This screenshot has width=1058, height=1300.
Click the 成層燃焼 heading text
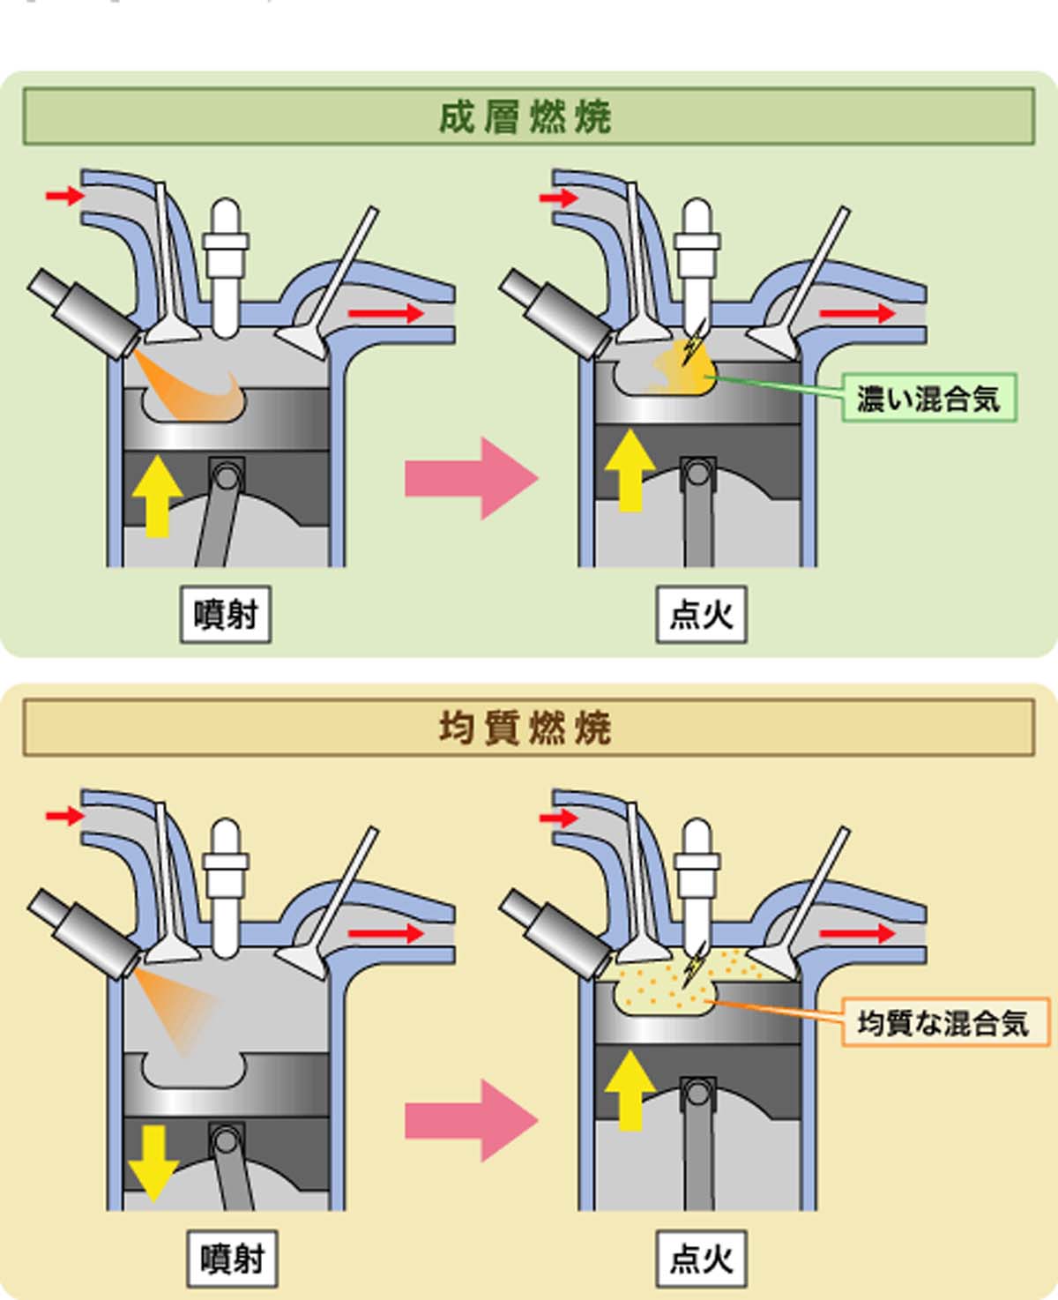coord(525,117)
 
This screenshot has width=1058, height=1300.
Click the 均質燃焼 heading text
coord(525,729)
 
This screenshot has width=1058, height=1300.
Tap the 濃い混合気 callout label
coord(928,399)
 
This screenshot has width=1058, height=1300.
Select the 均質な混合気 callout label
coord(944,1023)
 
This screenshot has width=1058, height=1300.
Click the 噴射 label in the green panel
coord(226,614)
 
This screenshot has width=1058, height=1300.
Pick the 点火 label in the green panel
coord(701,614)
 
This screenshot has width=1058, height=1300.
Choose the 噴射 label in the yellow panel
coord(232,1259)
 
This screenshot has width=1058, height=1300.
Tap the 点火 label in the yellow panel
coord(701,1259)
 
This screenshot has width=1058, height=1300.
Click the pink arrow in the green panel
coord(471,478)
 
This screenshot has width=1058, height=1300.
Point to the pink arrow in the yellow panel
coord(471,1121)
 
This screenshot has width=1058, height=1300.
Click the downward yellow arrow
coord(153,1160)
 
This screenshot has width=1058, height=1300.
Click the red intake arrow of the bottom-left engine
coord(64,816)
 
